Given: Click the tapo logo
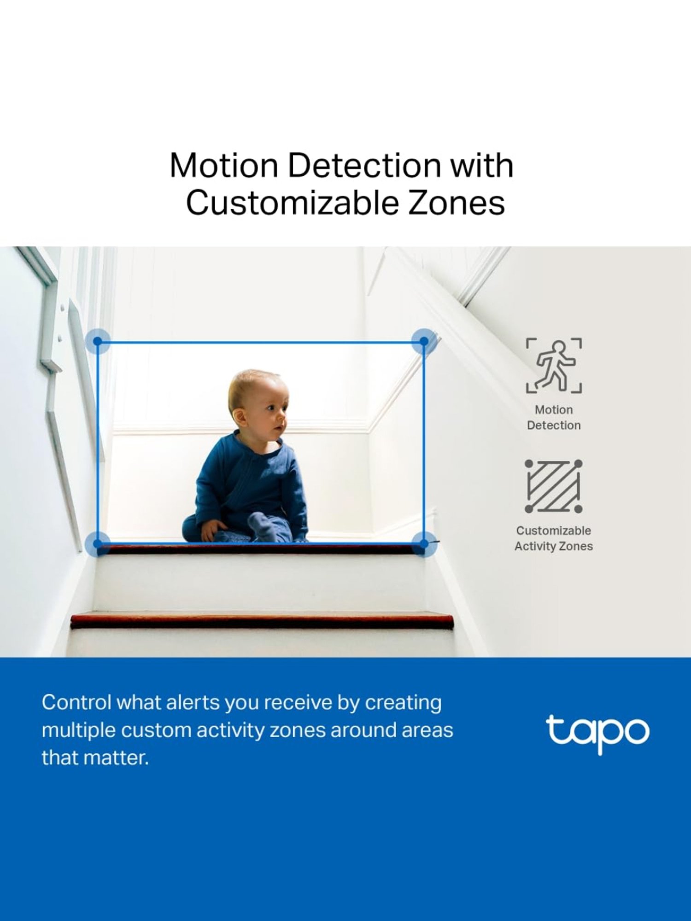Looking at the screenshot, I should point(597,732).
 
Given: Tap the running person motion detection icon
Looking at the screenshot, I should point(554,366).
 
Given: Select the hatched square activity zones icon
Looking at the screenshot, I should point(553,486).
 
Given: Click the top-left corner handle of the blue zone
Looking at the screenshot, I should point(98,341).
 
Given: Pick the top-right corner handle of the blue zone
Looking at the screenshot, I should point(424,341).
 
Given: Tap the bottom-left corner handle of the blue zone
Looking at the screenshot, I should point(98,544).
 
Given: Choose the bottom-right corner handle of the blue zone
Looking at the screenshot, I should point(424,544).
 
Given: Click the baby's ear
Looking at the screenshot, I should point(239,416).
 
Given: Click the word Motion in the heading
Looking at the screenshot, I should point(224,165).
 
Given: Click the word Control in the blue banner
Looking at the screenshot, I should point(76,703).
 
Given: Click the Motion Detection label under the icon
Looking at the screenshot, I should point(554,417).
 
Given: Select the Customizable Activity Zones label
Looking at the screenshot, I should point(554,538).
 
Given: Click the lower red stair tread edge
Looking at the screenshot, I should point(262,620).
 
